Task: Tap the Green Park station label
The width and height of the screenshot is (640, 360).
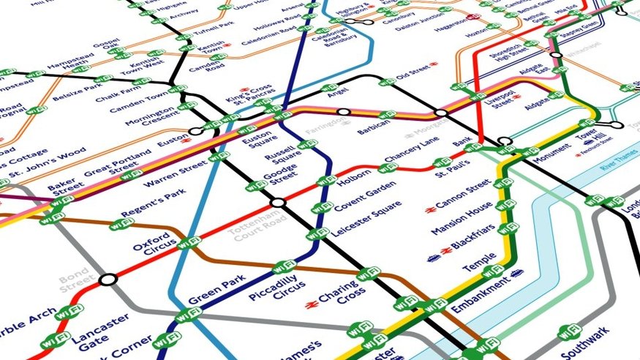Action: point(211,290)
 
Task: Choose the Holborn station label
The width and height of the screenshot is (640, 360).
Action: point(355,178)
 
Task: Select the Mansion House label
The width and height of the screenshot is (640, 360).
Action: point(464,222)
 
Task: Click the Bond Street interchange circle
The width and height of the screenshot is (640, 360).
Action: point(108,279)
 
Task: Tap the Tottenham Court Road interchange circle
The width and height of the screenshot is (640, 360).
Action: point(277,203)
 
